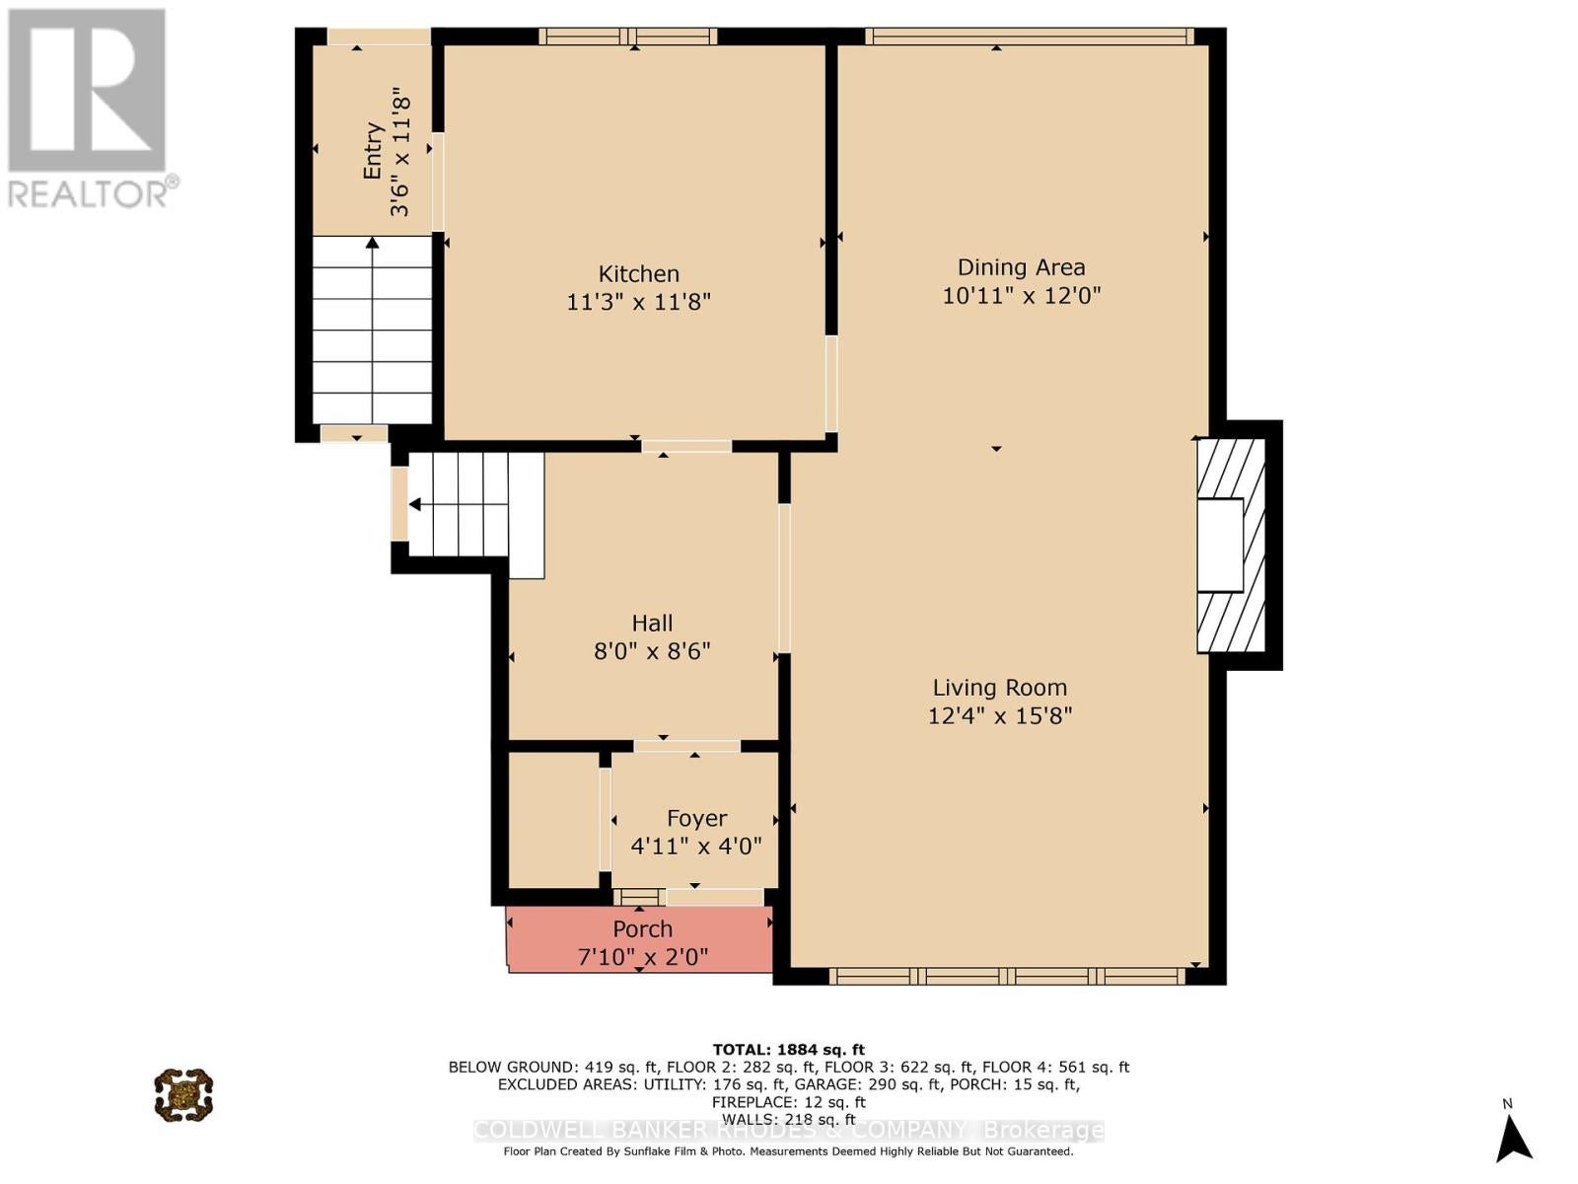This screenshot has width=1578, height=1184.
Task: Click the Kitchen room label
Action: point(638,274)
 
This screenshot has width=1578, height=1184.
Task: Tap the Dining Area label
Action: point(1021,267)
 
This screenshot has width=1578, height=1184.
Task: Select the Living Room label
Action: point(999,688)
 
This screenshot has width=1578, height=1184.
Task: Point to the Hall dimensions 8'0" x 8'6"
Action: point(652,651)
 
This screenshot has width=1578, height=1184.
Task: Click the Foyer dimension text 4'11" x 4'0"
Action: point(696,847)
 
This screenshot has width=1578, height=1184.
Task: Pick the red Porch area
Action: point(639,939)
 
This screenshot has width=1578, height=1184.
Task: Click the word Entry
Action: point(373,151)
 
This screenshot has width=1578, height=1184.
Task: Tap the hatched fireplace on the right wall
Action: point(1230,546)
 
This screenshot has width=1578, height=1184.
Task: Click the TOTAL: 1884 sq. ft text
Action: point(789,1050)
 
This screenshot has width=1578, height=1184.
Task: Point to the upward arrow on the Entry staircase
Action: point(372,330)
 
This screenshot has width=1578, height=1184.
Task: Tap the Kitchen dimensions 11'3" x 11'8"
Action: point(638,302)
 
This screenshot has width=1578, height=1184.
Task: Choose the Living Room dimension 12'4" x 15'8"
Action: point(999,716)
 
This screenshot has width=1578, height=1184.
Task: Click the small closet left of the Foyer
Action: point(553,820)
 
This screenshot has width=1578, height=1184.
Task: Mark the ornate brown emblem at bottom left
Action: point(183,1095)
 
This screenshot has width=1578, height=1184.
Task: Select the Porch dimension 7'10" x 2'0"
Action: point(643,957)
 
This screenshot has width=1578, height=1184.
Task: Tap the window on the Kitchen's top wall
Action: point(628,36)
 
